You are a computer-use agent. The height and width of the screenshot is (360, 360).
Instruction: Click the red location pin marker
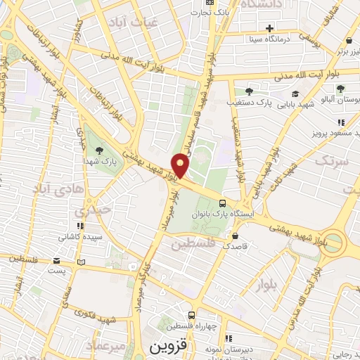(x=181, y=166)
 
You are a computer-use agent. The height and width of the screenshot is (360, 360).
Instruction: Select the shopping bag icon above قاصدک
(x=235, y=235)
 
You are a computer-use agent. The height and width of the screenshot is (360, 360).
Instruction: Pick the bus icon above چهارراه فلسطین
(x=191, y=316)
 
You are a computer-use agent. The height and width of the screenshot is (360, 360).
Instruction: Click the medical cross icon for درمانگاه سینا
(x=269, y=28)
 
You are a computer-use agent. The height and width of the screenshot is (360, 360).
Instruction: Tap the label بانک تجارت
(x=212, y=12)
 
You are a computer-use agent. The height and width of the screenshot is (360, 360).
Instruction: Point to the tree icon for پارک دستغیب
(x=248, y=91)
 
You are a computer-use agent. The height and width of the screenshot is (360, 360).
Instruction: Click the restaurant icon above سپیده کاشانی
(x=81, y=226)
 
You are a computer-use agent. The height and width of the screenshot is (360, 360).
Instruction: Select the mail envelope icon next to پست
(x=82, y=262)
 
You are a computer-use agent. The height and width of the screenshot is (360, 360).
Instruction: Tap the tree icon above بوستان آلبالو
(x=340, y=89)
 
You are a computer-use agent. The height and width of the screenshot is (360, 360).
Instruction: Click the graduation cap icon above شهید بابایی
(x=295, y=94)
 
